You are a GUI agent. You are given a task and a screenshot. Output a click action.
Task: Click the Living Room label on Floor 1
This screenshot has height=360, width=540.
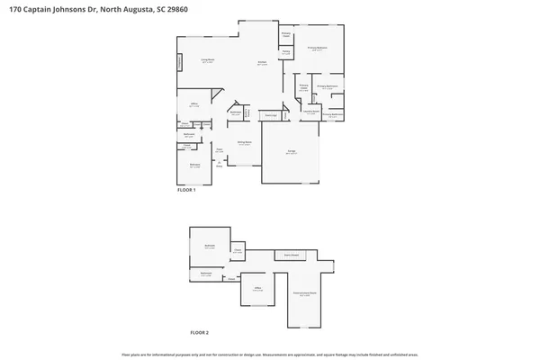206,61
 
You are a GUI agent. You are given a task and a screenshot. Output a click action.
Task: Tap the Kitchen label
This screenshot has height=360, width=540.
262,64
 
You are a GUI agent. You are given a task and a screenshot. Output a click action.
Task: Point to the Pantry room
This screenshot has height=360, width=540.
286,53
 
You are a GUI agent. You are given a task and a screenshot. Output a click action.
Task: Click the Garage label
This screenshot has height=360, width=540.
291,152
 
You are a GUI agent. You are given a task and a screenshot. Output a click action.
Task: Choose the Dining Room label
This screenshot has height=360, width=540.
243,143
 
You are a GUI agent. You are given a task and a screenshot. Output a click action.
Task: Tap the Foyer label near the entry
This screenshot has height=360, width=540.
218,150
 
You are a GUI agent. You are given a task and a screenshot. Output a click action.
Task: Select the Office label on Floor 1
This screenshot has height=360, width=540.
193,104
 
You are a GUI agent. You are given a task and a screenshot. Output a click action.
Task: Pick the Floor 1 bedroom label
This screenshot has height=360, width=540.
194,165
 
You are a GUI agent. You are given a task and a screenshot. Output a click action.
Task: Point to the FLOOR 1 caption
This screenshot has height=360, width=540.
185,190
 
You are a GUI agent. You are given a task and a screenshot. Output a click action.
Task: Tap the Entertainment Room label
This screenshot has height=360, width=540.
304,294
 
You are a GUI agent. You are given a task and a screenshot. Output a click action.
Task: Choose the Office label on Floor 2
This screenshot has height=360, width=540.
256,289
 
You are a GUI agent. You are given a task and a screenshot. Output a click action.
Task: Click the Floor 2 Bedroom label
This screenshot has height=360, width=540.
209,246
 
